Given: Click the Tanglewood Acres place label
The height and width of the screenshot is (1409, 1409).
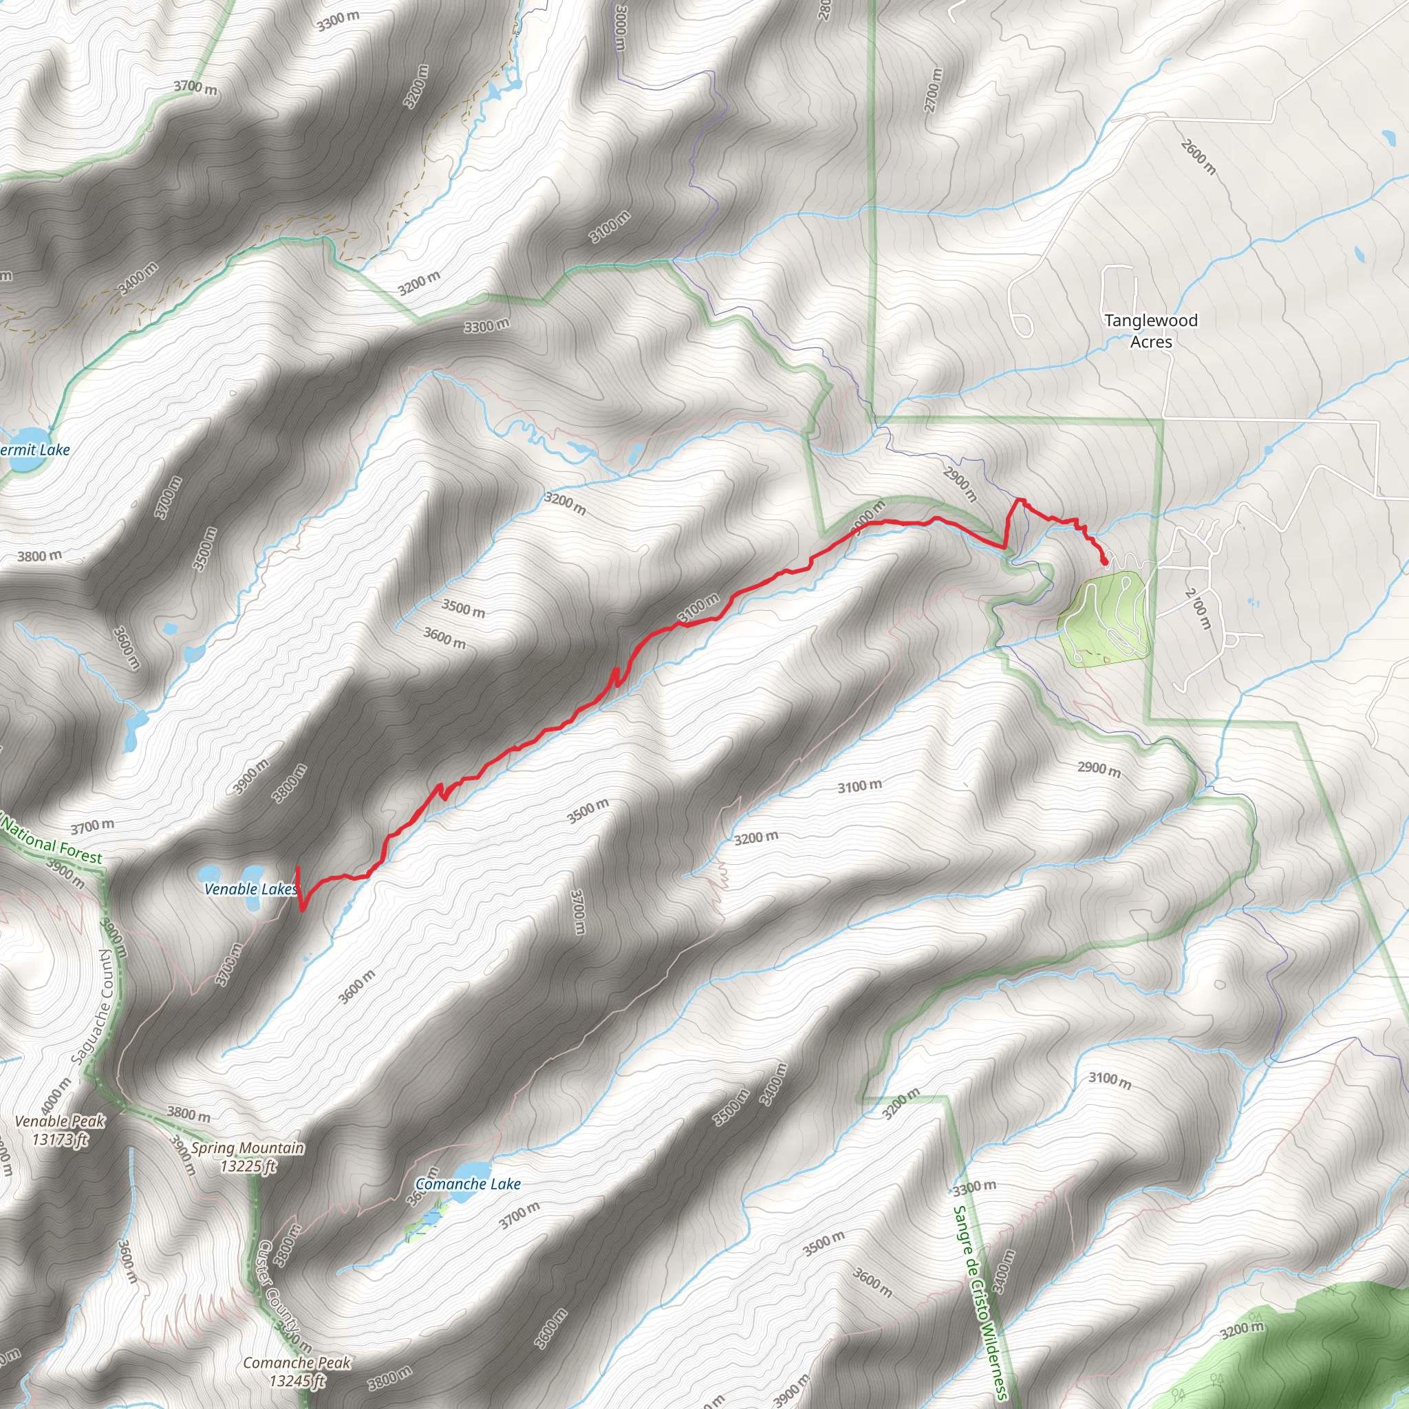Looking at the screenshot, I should tap(1151, 330).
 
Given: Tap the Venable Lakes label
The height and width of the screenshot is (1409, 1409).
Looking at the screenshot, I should tap(250, 889).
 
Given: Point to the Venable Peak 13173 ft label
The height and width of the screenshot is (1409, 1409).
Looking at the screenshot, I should tap(60, 1130).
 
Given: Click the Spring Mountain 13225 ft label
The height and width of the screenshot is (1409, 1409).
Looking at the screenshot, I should tap(247, 1157).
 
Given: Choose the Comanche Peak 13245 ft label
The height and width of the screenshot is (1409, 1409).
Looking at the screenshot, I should tap(297, 1371).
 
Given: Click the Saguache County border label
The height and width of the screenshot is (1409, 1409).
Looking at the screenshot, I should tap(94, 1007).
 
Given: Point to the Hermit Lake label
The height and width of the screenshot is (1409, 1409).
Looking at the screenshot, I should tap(34, 450).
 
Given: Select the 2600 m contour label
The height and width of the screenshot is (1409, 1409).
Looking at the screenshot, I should tap(1198, 157).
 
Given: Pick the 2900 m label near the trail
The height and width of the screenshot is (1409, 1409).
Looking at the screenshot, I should tap(960, 484).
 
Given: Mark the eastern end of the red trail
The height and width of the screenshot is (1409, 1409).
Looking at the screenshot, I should tap(1106, 563).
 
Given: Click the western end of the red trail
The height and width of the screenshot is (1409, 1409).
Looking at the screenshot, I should tap(297, 868).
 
